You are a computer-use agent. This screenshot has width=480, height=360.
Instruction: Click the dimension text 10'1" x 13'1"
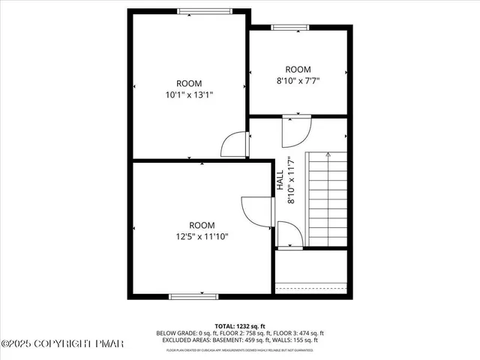(x=189, y=94)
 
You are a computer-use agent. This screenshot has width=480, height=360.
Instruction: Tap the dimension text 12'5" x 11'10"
(x=201, y=236)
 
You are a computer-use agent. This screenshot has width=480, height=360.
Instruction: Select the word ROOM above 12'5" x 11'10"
(x=201, y=225)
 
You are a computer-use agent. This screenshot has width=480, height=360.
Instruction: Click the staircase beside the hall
(x=328, y=199)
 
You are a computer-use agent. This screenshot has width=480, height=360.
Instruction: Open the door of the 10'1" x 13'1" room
(x=235, y=144)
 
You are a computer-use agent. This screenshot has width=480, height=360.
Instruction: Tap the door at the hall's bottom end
(x=289, y=234)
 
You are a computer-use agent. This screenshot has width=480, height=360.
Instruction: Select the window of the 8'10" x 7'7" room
(x=289, y=28)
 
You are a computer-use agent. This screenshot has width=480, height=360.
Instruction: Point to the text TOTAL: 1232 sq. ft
(x=239, y=325)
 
